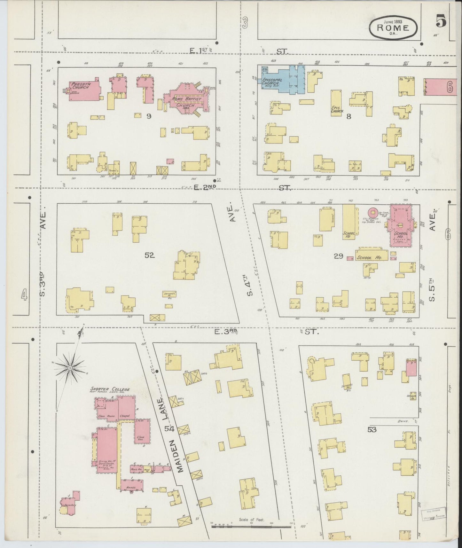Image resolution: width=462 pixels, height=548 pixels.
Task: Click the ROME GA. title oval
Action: (x=393, y=27)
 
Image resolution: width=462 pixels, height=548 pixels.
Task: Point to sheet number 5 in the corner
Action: (x=441, y=22)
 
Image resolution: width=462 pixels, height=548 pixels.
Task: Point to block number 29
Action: (x=338, y=256)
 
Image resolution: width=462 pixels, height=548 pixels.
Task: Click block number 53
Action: (x=372, y=429)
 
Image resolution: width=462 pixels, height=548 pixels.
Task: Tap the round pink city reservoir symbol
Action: (x=372, y=212)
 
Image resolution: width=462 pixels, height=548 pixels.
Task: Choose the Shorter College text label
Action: (x=110, y=389)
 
